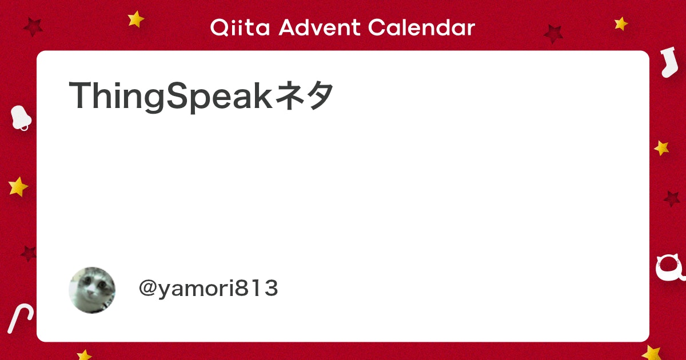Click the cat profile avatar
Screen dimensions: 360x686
(92, 290)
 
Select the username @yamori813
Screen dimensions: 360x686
(208, 289)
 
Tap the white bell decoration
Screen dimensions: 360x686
(21, 118)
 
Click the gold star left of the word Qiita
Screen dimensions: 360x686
(136, 19)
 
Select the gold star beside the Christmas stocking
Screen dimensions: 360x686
(621, 23)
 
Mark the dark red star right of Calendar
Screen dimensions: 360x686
(553, 33)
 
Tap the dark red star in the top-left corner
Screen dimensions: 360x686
(33, 26)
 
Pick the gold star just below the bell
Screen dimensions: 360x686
(18, 186)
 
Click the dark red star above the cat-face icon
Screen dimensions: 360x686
(672, 198)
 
